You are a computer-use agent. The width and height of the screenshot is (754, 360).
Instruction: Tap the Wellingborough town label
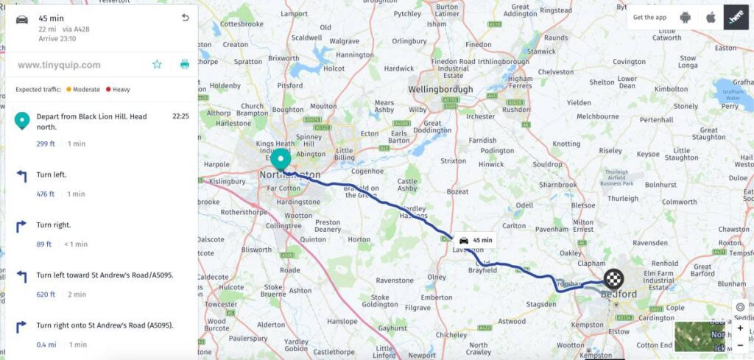(441, 91)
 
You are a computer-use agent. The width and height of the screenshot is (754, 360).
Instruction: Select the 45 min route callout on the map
(474, 241)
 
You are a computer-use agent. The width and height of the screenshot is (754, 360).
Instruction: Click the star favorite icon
(157, 64)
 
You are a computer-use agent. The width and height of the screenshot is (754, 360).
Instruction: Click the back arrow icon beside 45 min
(185, 18)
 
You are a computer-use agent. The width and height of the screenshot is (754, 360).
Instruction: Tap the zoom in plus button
(740, 328)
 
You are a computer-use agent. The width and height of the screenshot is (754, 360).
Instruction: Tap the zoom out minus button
(740, 344)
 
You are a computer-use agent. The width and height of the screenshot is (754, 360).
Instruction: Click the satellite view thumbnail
(700, 336)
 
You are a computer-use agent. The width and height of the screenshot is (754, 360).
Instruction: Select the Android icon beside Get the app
(686, 17)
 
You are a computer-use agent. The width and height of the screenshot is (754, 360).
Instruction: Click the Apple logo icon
(711, 17)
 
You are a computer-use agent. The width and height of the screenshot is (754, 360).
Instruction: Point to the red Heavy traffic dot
(108, 90)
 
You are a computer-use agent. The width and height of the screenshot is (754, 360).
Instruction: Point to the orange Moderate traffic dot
(68, 90)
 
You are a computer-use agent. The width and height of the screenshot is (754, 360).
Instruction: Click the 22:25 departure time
(180, 116)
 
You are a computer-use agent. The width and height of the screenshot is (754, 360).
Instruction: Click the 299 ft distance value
(46, 144)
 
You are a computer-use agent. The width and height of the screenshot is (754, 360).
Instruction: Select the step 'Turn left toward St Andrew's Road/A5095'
(105, 275)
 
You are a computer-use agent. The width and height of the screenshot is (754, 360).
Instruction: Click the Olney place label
(437, 278)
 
